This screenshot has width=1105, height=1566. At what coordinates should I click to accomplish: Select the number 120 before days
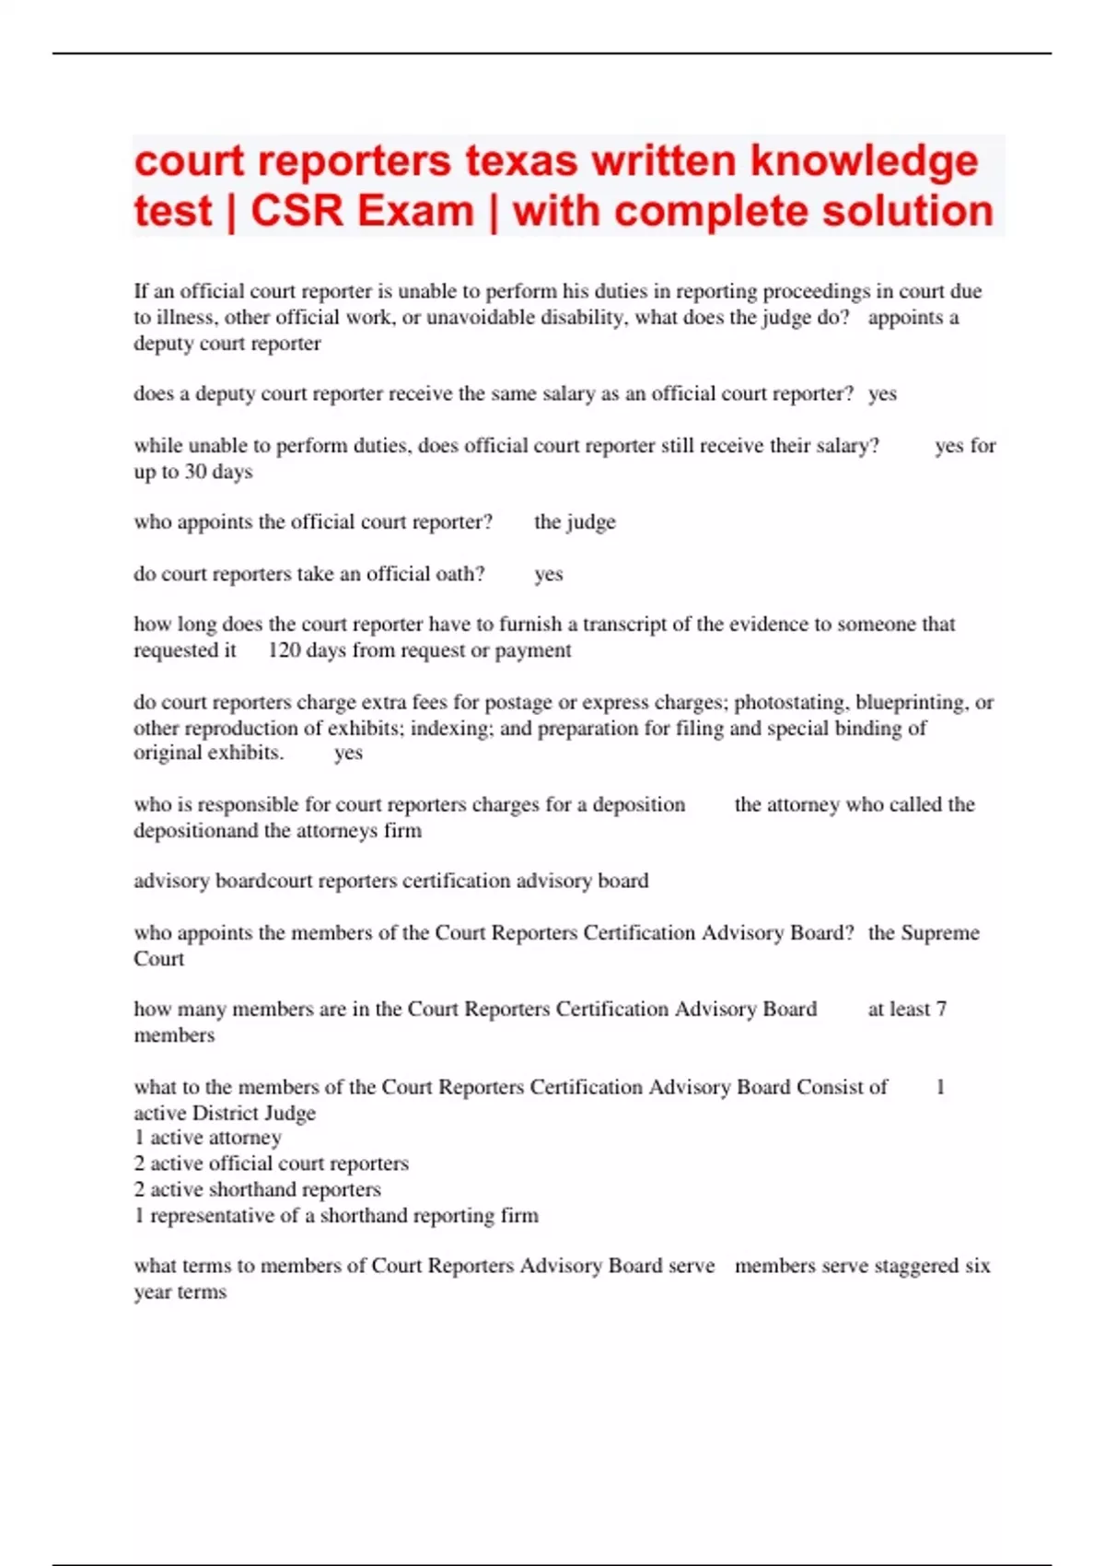(285, 650)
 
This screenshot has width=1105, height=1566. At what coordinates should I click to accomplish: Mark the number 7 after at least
(941, 1010)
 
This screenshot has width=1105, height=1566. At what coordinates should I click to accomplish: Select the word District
(228, 1113)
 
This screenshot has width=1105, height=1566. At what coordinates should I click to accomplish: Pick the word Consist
(842, 1087)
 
